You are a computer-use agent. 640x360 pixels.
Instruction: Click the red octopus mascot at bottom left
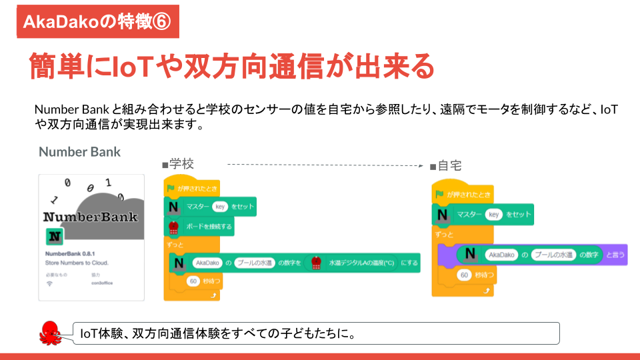(x=51, y=331)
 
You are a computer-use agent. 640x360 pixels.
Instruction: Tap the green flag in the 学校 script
(x=171, y=189)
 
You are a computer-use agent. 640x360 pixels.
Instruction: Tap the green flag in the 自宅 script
(x=439, y=195)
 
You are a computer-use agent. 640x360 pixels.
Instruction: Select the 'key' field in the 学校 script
(x=220, y=207)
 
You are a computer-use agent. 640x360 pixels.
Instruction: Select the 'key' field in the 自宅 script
(x=493, y=215)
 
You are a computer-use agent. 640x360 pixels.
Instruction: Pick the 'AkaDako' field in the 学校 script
(x=206, y=263)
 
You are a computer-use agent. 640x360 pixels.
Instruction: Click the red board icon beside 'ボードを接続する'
(x=175, y=227)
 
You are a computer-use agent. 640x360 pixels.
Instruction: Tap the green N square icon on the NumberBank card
(x=55, y=237)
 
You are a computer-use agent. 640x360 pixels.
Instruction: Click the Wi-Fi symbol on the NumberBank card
(x=49, y=283)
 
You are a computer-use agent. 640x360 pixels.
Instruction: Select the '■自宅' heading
(x=445, y=165)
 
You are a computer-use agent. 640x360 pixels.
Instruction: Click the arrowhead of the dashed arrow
(x=421, y=165)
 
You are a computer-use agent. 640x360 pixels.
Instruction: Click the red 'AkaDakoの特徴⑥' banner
(x=98, y=21)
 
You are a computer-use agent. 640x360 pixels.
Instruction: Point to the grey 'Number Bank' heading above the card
(x=79, y=151)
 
